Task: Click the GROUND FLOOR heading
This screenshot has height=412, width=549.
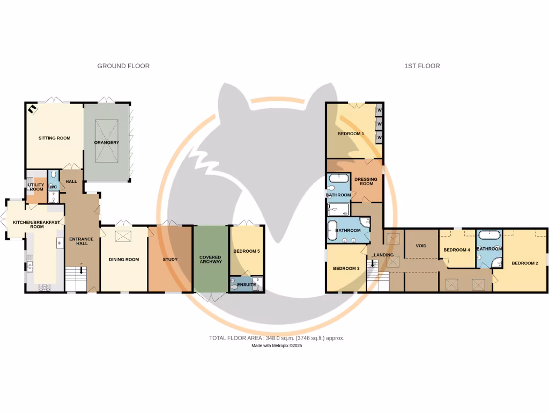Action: [x=123, y=66]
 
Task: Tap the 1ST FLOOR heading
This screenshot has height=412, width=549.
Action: [x=422, y=66]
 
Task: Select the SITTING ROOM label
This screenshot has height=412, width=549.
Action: [x=54, y=138]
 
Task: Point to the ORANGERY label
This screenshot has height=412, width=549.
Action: [x=106, y=142]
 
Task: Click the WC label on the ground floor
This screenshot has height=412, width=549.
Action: [x=53, y=187]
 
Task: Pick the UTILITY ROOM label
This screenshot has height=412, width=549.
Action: [x=36, y=187]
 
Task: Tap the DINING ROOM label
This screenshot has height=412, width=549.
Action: [x=124, y=260]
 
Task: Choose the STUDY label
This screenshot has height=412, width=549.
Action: [x=170, y=260]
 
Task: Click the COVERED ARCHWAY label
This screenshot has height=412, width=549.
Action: [x=210, y=260]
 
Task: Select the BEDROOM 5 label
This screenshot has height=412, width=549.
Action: [x=246, y=251]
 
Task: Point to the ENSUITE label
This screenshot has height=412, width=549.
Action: [x=246, y=284]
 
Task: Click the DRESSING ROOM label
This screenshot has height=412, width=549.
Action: [x=366, y=181]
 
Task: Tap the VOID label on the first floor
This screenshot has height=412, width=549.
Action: [x=421, y=246]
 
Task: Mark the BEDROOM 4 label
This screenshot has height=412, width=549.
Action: [x=457, y=250]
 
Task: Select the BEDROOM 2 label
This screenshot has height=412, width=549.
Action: [x=524, y=263]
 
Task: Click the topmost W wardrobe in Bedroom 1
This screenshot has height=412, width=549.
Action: [x=379, y=110]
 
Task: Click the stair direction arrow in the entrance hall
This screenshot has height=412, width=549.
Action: [x=81, y=271]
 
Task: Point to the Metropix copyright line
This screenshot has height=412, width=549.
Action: [x=277, y=346]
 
